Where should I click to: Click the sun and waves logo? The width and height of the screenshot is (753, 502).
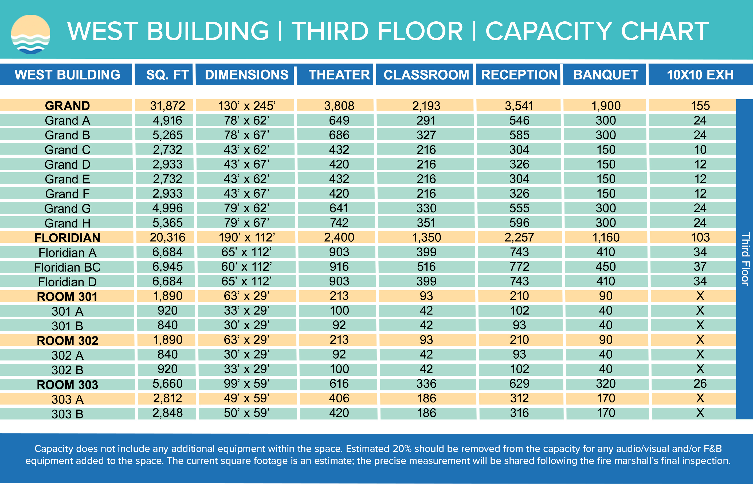point(31,34)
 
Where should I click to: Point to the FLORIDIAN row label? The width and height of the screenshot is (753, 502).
point(67,238)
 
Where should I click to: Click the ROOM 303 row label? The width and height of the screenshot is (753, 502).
point(67,385)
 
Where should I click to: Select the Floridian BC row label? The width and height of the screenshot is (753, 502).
point(67,267)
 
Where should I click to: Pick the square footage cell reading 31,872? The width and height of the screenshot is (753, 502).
point(167,106)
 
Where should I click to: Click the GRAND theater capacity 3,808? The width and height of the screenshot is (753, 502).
point(339,106)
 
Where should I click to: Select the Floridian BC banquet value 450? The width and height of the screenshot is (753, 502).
point(606,267)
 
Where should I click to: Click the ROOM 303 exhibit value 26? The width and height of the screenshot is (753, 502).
point(700,383)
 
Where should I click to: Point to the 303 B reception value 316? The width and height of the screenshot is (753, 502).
point(519,413)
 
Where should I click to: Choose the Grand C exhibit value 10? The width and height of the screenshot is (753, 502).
point(700,150)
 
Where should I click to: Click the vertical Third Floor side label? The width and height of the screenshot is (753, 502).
point(745,259)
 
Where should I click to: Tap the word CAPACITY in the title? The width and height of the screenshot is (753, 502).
point(549,32)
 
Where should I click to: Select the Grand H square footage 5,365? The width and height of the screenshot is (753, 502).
point(167,223)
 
